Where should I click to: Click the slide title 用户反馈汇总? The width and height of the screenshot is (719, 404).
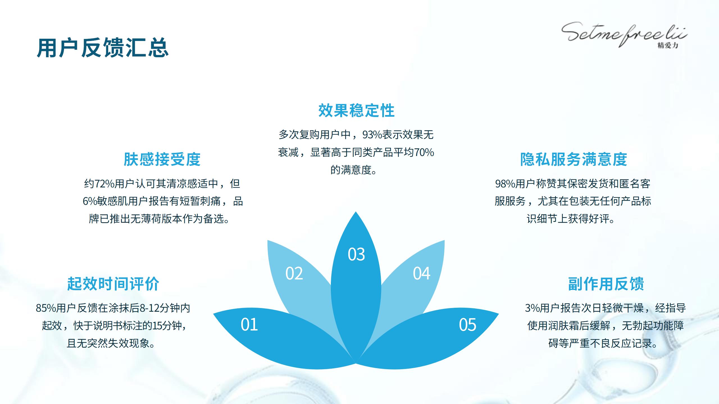click(103, 48)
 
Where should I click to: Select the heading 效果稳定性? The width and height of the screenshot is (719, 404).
click(356, 110)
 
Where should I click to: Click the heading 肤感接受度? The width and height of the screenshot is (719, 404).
click(162, 159)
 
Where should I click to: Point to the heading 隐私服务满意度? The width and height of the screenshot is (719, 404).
click(574, 159)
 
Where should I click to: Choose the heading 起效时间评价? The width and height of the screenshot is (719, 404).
click(113, 284)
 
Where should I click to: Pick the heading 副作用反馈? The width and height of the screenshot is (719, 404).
click(606, 284)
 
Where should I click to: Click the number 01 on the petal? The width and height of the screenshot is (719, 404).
click(249, 325)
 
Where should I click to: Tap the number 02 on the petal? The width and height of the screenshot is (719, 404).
click(294, 273)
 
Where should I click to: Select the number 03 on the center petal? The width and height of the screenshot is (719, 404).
click(356, 254)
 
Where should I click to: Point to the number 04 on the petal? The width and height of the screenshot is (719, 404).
click(421, 273)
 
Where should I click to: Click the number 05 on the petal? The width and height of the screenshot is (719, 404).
click(467, 325)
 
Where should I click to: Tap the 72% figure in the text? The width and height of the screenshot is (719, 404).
click(104, 184)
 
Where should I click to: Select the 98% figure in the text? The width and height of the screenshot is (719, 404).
click(505, 184)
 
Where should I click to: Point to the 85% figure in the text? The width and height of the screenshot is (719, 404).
click(46, 308)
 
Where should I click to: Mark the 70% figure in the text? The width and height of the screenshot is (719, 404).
click(424, 152)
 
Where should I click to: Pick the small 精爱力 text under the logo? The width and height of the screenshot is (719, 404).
click(668, 45)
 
